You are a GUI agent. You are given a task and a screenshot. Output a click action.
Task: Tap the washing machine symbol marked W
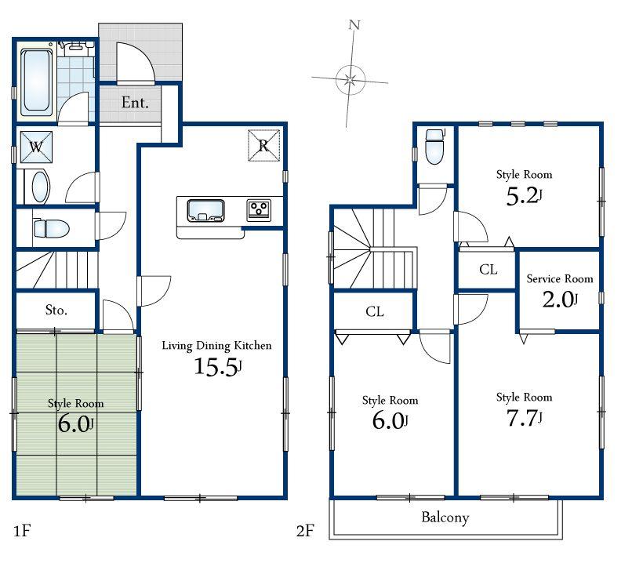(36, 147)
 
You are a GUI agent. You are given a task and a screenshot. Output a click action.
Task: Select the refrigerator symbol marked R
(263, 146)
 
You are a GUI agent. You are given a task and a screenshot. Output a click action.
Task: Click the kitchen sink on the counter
(205, 210)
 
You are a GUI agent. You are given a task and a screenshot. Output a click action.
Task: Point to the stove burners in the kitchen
(259, 209)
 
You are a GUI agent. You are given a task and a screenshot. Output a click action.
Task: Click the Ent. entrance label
(135, 102)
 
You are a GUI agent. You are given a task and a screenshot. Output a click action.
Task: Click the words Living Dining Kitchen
(216, 345)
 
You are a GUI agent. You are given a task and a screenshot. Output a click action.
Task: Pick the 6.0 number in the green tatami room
(75, 424)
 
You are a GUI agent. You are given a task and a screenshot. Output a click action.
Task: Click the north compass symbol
(350, 77)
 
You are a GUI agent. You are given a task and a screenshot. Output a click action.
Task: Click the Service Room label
(559, 278)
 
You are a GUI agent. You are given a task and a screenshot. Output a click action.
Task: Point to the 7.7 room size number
(524, 418)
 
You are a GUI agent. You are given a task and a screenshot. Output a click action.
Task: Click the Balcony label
(445, 518)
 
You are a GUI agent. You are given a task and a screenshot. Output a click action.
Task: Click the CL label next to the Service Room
(488, 270)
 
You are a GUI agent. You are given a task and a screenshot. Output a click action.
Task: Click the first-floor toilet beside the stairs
(51, 229)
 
